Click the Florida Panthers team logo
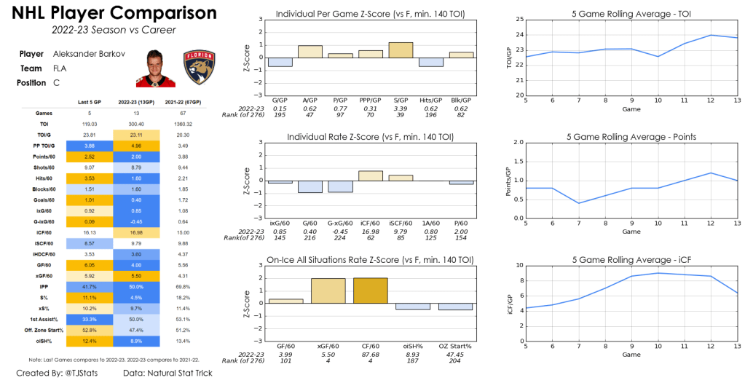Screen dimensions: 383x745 tap(197, 68)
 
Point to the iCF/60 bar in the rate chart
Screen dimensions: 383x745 tap(371, 175)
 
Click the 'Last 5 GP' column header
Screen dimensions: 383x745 tap(89, 102)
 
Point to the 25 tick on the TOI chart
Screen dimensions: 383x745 tap(519, 19)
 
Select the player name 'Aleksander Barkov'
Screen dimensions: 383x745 tap(90, 54)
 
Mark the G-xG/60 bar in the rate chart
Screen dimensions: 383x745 tap(340, 186)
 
